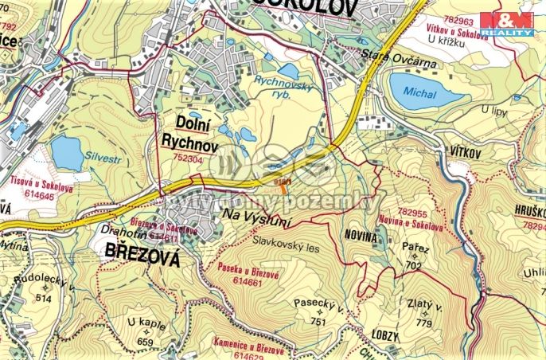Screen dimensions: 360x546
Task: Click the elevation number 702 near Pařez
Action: coord(413,265)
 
